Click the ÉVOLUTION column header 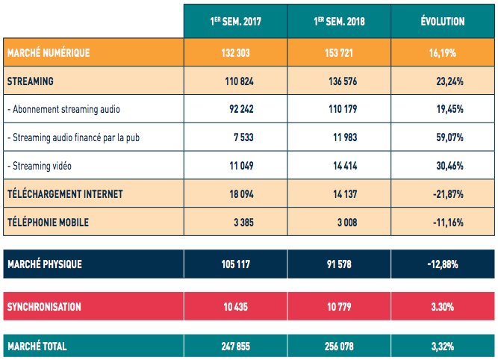(443, 22)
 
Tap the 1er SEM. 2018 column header (338, 22)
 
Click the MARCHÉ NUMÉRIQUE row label (48, 52)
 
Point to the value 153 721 (338, 52)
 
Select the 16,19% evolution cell (443, 52)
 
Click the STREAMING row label (30, 80)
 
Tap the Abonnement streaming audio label (63, 109)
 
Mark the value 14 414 (343, 166)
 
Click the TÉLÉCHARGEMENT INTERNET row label (64, 194)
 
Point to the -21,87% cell (447, 194)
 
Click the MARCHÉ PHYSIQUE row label (44, 264)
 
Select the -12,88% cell (443, 264)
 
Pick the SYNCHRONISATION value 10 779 (338, 307)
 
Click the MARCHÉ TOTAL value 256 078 (338, 346)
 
